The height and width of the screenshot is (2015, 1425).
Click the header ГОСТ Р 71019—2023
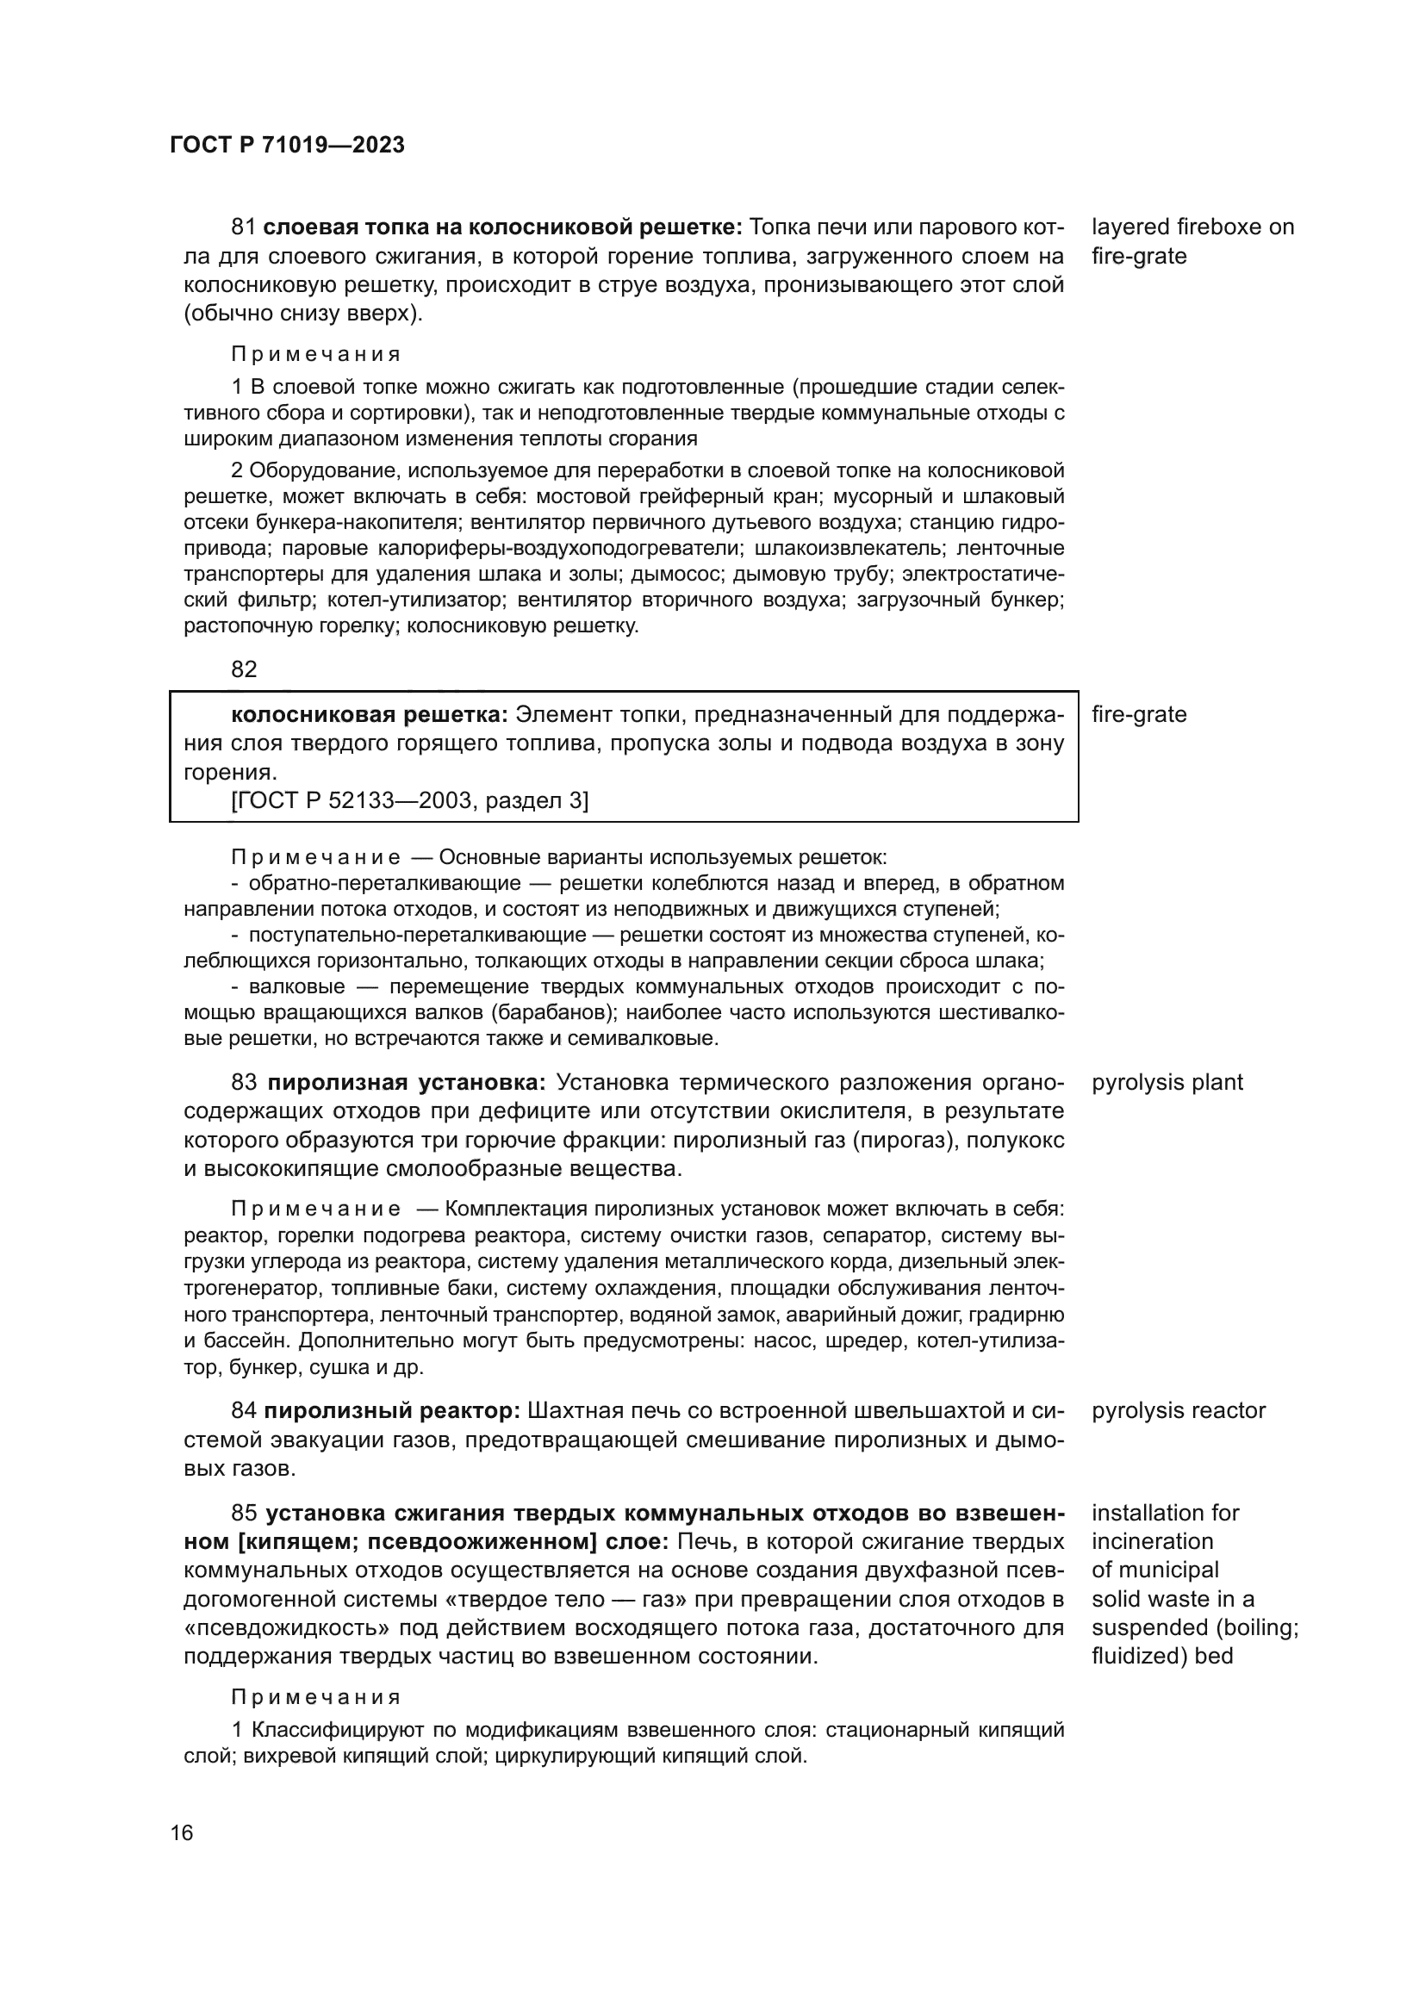[x=287, y=146]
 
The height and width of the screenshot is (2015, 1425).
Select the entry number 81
[x=243, y=227]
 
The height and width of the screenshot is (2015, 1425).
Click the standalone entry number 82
[x=244, y=669]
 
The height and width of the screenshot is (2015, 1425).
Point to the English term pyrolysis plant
[x=1167, y=1082]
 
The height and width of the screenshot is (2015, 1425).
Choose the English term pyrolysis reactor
[x=1178, y=1411]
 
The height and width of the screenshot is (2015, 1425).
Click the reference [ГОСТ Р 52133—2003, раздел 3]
[x=410, y=800]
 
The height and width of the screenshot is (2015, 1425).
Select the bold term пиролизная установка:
[x=407, y=1082]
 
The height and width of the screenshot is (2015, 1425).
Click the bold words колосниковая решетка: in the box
[x=370, y=714]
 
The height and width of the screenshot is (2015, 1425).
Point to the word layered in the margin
[x=1130, y=227]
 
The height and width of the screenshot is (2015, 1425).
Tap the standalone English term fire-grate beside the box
[x=1138, y=714]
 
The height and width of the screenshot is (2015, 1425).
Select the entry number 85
[x=243, y=1513]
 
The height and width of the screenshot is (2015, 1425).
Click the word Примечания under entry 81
[x=316, y=355]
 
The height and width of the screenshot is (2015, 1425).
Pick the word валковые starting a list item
[x=296, y=986]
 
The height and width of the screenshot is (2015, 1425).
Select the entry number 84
[x=243, y=1411]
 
